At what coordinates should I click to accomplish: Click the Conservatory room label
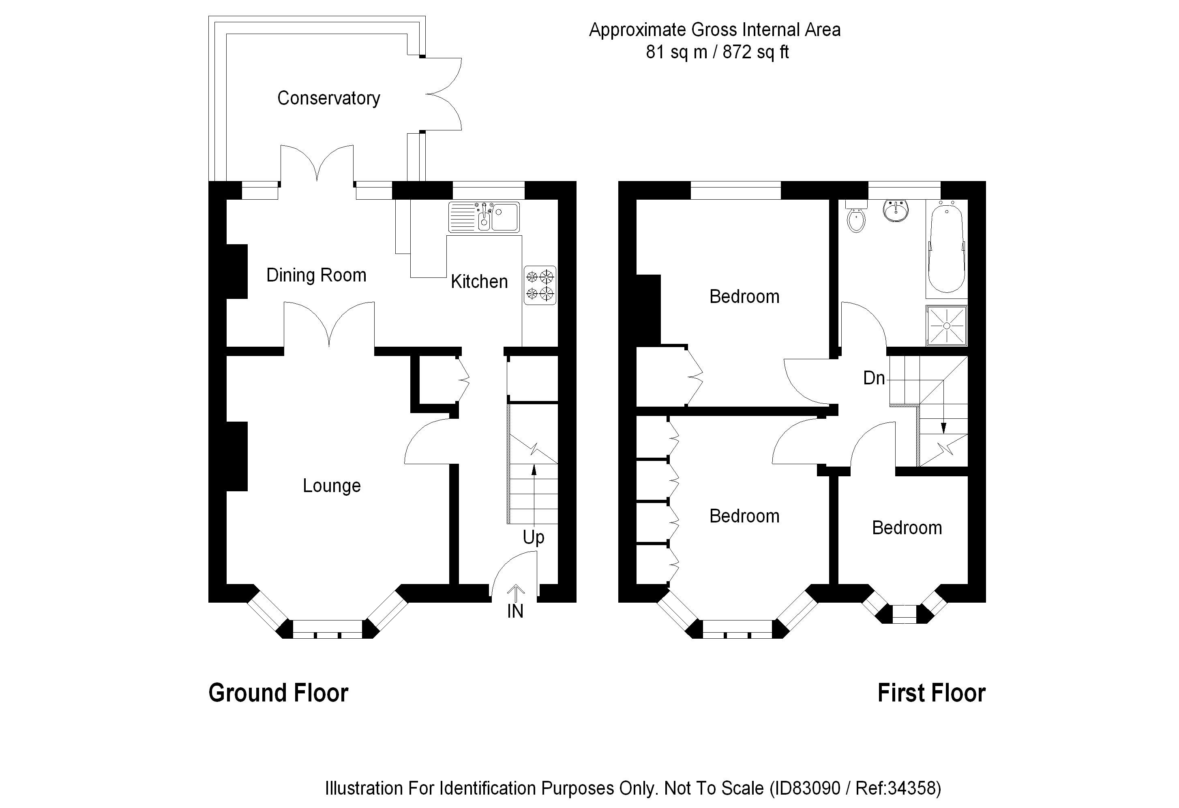(328, 98)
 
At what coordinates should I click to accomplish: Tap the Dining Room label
(316, 275)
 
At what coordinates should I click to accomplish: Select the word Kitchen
(479, 281)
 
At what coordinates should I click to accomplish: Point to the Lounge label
(331, 486)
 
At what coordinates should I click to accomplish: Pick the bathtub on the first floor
(946, 247)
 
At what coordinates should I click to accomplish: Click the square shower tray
(947, 326)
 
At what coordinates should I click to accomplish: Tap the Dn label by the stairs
(874, 378)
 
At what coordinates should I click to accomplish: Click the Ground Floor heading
(278, 693)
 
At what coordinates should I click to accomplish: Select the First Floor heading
(931, 693)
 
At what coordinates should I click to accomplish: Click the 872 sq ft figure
(755, 52)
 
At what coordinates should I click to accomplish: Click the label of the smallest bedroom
(907, 528)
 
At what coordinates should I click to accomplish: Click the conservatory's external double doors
(442, 94)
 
